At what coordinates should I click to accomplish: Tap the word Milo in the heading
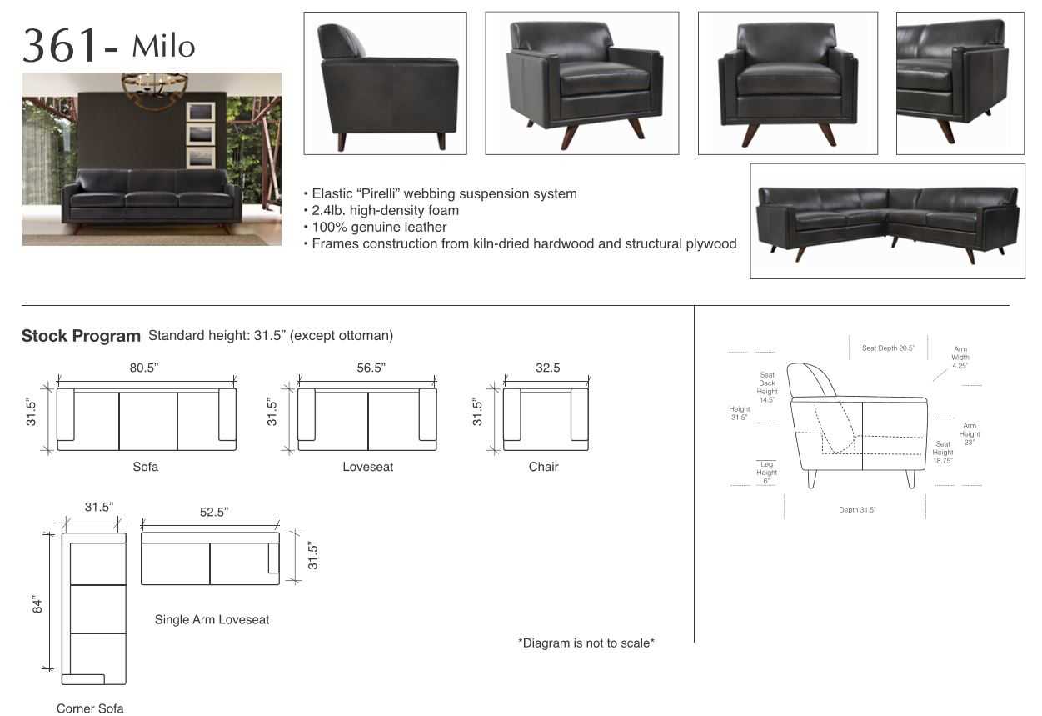(x=163, y=46)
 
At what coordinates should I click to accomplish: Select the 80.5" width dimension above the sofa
(x=144, y=368)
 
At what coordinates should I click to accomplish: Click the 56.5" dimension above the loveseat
(x=371, y=368)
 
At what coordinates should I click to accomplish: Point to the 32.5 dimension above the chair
(x=547, y=368)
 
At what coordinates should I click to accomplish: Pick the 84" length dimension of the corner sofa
(x=37, y=603)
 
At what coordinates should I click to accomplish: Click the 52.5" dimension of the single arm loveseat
(x=214, y=512)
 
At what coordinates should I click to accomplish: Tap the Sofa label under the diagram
(x=145, y=467)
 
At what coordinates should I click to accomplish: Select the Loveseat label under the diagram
(x=367, y=467)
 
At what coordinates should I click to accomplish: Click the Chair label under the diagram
(x=543, y=467)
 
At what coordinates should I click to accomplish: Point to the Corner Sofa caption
(x=90, y=708)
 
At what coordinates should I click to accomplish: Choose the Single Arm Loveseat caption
(x=212, y=619)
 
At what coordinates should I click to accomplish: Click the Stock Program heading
(x=81, y=336)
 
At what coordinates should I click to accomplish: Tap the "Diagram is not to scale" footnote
(x=586, y=643)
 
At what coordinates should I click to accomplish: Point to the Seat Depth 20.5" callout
(x=888, y=348)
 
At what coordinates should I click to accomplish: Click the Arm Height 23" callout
(x=970, y=434)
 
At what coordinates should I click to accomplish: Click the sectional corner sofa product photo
(x=887, y=221)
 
